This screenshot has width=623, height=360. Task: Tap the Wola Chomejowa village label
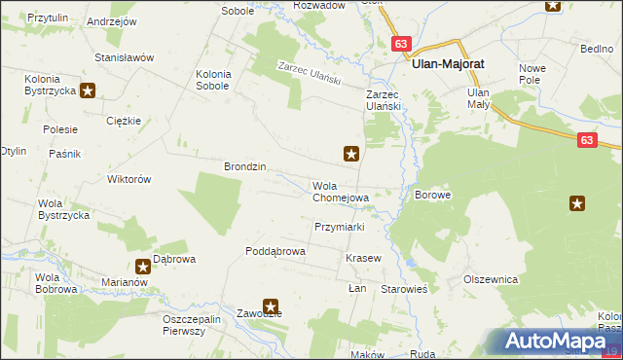340,192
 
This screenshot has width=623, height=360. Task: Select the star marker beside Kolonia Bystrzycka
88,91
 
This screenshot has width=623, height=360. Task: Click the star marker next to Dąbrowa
142,265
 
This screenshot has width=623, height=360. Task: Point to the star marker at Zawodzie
271,306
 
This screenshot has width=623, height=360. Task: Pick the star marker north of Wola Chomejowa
351,153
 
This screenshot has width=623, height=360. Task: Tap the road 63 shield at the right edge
585,140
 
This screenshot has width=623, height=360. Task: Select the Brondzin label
245,166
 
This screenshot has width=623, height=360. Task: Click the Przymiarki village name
339,227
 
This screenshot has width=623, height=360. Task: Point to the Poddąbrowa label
275,251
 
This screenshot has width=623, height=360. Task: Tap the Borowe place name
433,195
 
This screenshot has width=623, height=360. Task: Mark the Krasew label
362,259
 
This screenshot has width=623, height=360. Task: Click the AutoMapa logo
555,341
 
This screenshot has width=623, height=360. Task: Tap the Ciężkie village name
125,122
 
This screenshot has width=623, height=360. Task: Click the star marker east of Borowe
577,203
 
